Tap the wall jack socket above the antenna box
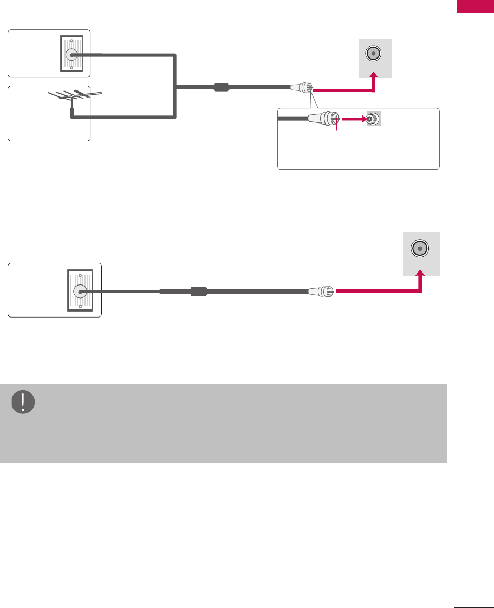click(x=70, y=54)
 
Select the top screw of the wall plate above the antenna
click(x=70, y=40)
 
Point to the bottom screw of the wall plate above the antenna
click(x=70, y=68)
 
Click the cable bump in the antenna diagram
click(x=222, y=87)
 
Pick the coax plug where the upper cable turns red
click(x=302, y=87)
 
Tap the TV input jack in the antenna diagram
click(x=374, y=54)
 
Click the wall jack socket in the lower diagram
click(x=80, y=291)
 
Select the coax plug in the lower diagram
click(x=321, y=292)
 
